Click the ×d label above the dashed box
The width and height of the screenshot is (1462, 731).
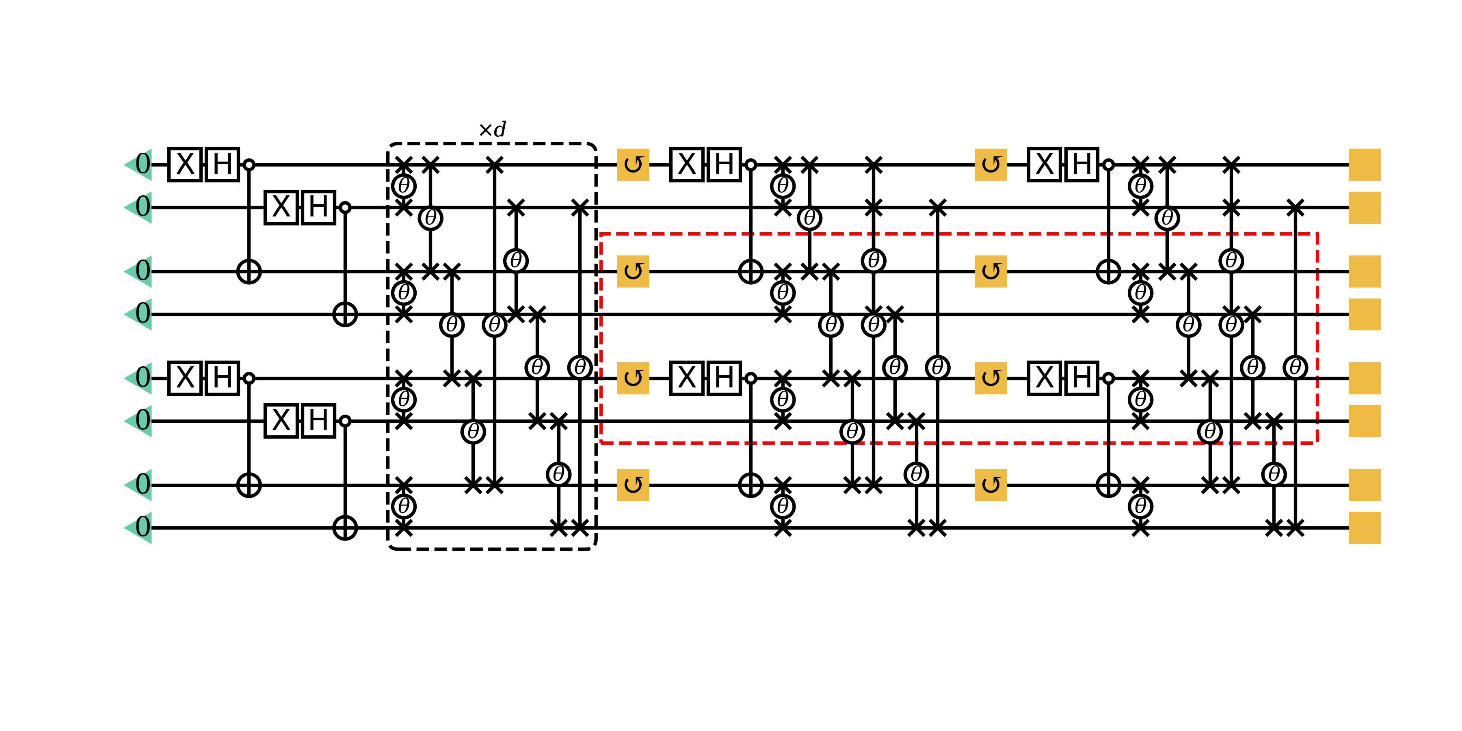pos(492,130)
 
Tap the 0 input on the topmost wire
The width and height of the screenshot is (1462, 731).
pos(143,164)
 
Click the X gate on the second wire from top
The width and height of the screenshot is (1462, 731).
pos(281,207)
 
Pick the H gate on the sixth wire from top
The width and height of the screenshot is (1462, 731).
pos(318,421)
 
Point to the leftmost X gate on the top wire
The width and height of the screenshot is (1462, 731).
pos(185,164)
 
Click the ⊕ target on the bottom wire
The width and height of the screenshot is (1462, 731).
pos(345,528)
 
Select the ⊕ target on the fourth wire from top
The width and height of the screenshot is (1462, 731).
pos(345,314)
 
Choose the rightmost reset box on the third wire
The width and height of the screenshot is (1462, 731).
pos(991,271)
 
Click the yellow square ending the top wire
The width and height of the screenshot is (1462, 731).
pos(1365,164)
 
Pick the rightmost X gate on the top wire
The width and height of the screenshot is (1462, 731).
pos(1044,164)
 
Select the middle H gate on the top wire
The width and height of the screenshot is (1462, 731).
pos(724,164)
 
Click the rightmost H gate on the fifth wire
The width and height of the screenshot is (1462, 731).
pos(1081,378)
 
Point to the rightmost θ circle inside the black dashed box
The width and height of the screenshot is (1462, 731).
pos(580,367)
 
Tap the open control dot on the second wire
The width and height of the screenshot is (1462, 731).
pos(345,207)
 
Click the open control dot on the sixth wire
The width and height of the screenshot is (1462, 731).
pos(345,421)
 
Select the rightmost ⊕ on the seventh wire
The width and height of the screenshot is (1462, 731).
pos(1108,485)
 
